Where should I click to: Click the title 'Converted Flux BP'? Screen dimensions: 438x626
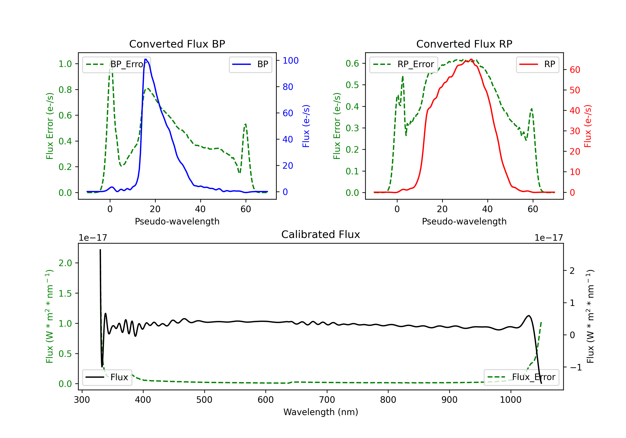[x=177, y=44]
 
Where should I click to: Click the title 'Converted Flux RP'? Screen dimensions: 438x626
[x=464, y=44]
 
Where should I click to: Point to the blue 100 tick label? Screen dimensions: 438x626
[x=290, y=60]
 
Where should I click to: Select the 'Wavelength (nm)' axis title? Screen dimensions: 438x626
[x=321, y=412]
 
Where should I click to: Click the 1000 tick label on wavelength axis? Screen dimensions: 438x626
[x=510, y=400]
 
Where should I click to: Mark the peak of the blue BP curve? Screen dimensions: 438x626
[x=146, y=59]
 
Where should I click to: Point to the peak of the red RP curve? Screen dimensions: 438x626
[x=471, y=59]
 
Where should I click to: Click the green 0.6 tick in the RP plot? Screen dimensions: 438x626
[x=352, y=63]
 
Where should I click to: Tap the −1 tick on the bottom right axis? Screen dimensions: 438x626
[x=575, y=368]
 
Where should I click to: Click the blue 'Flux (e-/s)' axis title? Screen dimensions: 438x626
[x=306, y=126]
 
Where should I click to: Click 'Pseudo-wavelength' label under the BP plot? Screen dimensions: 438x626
[x=177, y=221]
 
